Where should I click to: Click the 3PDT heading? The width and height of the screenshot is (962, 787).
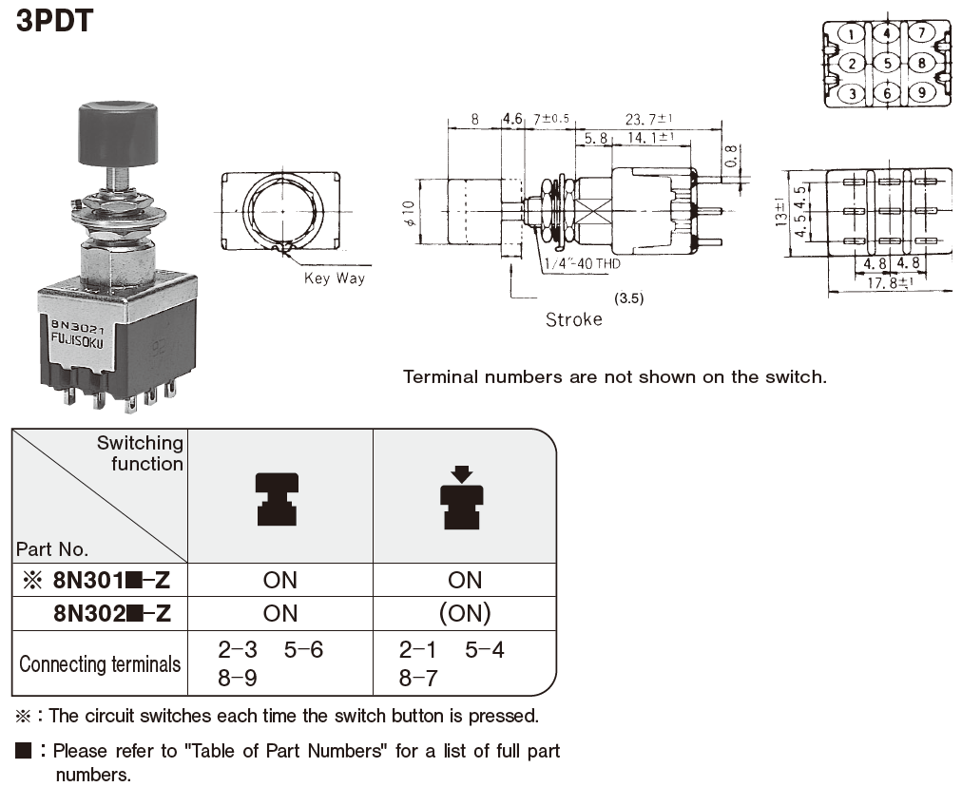(x=55, y=20)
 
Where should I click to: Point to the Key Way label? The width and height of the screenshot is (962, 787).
(x=334, y=278)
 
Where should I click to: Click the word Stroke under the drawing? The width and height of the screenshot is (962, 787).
(x=573, y=319)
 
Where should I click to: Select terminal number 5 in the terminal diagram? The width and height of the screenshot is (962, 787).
(x=887, y=64)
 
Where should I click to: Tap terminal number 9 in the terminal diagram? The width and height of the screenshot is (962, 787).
(x=921, y=93)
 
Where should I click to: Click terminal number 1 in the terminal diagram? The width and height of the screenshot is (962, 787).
(x=853, y=35)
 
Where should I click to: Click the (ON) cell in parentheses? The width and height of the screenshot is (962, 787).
(x=464, y=613)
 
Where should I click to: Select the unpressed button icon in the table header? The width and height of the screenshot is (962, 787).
(x=278, y=499)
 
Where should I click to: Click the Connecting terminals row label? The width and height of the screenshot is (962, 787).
(x=100, y=663)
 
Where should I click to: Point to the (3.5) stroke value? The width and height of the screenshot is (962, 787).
(x=629, y=298)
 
